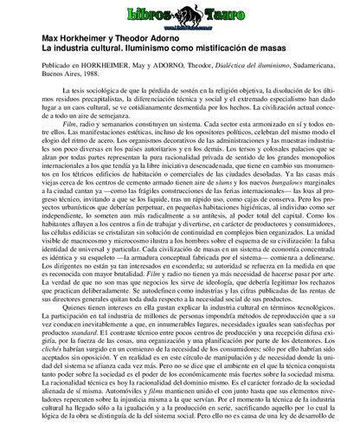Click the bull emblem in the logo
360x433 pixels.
[180, 14]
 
